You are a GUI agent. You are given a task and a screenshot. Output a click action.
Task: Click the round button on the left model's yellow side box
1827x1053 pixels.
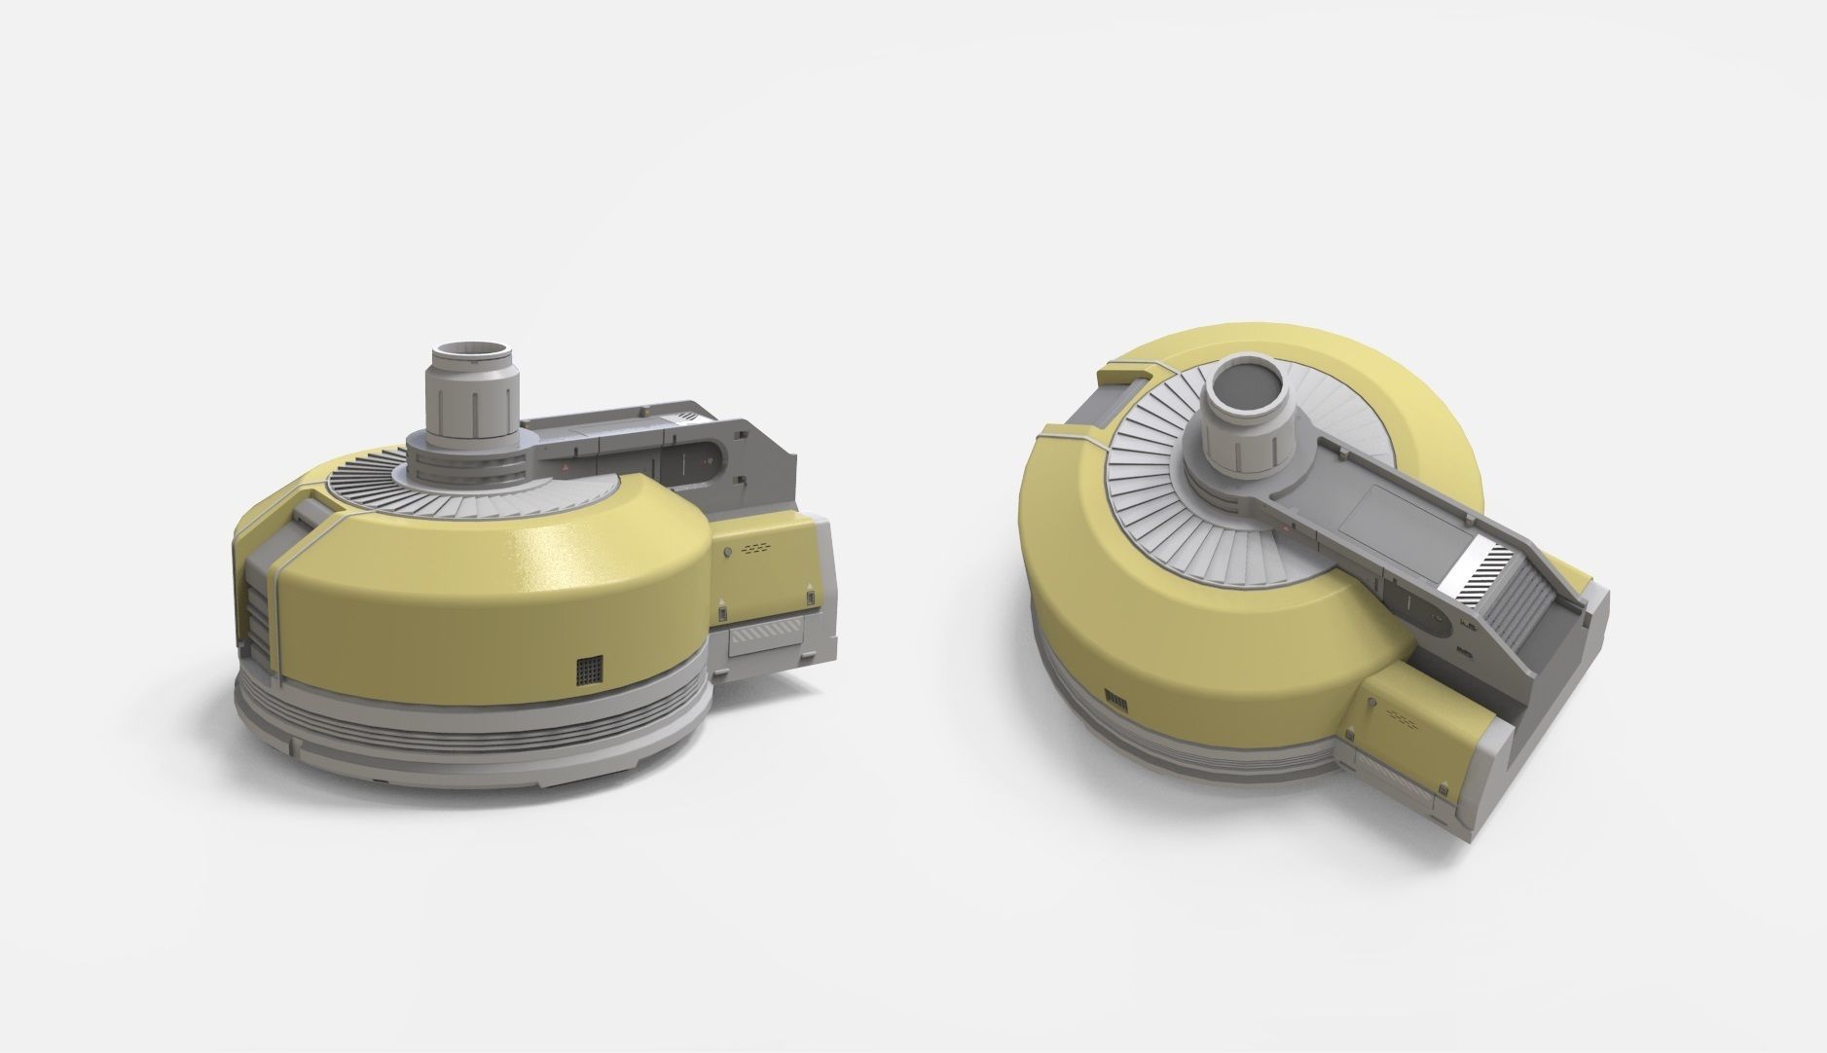click(x=728, y=553)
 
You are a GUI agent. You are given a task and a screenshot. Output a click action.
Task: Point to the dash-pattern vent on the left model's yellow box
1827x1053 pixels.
click(x=756, y=549)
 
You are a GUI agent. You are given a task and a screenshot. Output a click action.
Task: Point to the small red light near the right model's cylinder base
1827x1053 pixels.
click(x=1289, y=530)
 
